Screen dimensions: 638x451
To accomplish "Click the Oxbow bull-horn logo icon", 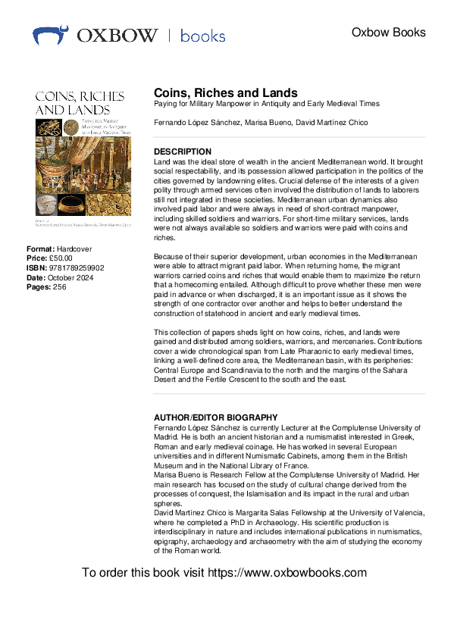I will [51, 35].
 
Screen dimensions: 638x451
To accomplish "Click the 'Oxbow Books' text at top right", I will [389, 33].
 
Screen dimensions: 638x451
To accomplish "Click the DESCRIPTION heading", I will [183, 152].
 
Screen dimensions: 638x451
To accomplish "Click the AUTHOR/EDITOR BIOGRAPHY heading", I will [215, 418].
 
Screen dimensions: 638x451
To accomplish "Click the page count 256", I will [60, 286].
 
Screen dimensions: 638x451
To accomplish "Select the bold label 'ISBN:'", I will [36, 268].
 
